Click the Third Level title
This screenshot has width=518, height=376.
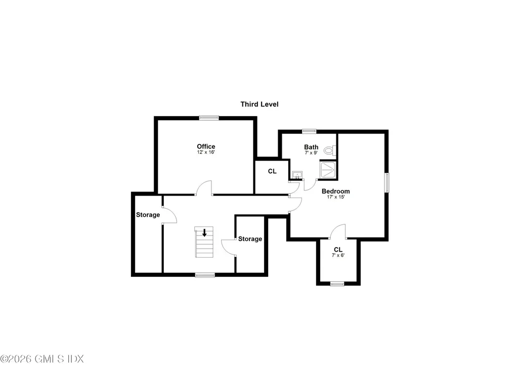259,104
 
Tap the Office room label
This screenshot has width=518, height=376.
206,147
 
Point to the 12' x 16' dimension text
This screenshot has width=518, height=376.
206,152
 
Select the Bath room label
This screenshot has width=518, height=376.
311,147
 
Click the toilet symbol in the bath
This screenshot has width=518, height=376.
329,150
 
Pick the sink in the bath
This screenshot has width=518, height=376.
296,175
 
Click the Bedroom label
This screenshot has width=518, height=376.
335,191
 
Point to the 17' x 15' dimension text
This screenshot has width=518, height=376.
335,197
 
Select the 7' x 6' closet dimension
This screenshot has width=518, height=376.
338,256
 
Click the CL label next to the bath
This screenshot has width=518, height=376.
272,171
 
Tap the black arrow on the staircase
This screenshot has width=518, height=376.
204,233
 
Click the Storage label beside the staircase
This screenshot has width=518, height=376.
250,239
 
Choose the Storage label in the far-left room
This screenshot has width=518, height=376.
148,215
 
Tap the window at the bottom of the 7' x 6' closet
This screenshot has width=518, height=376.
337,284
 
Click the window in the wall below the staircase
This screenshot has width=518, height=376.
205,275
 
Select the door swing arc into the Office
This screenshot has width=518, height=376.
203,187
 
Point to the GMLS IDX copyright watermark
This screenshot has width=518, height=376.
42,359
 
